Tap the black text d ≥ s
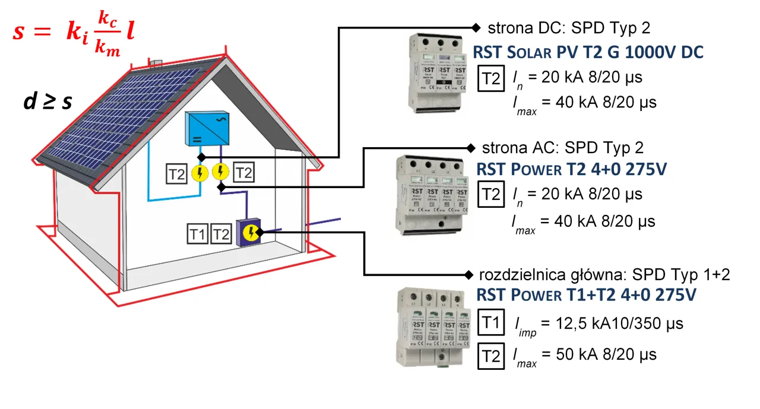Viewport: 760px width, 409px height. [x=47, y=102]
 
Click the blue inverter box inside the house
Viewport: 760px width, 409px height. [x=207, y=128]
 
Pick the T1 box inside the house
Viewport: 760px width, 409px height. [x=198, y=234]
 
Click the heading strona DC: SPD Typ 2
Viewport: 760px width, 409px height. [x=569, y=28]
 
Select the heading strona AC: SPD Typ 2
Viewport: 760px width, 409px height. [x=562, y=147]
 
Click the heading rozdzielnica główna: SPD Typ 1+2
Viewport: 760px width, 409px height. [x=604, y=275]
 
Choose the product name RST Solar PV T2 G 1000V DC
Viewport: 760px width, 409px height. [x=588, y=52]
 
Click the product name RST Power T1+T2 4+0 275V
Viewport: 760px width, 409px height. [x=585, y=295]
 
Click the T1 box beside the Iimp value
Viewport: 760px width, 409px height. [x=490, y=324]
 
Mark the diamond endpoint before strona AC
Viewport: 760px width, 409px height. [x=472, y=148]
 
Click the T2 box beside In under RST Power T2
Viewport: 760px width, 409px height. [x=490, y=195]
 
